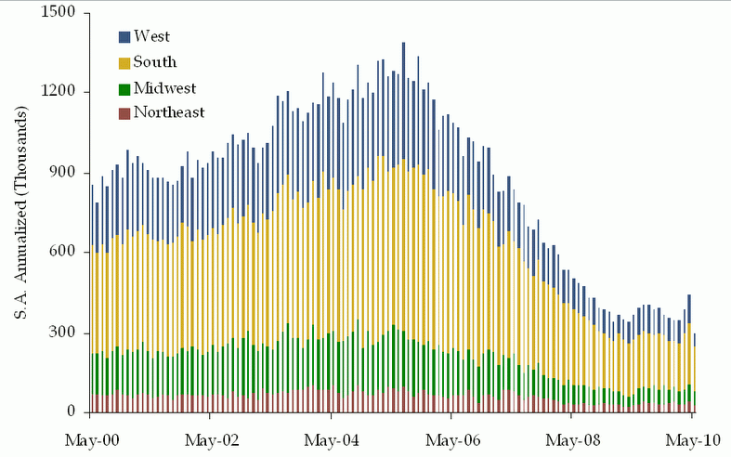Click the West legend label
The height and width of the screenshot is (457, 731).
pos(152,37)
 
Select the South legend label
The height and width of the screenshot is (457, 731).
pos(155,63)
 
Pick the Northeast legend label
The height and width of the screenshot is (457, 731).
pos(169,112)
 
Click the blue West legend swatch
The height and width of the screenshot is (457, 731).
pos(124,37)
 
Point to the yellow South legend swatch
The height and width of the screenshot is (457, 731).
pos(124,63)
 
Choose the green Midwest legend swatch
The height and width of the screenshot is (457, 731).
pos(124,88)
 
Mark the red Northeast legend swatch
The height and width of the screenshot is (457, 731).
pos(124,113)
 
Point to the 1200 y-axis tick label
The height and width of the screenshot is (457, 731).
pos(60,93)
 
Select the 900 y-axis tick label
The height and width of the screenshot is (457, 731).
pos(65,173)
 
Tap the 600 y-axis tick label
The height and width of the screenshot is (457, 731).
pos(65,253)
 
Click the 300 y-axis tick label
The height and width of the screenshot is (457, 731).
pos(65,333)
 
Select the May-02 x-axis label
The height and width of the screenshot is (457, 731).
pos(213,439)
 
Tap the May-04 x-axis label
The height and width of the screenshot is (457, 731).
pos(333,439)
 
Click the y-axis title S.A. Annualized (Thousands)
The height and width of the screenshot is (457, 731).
pos(20,213)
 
